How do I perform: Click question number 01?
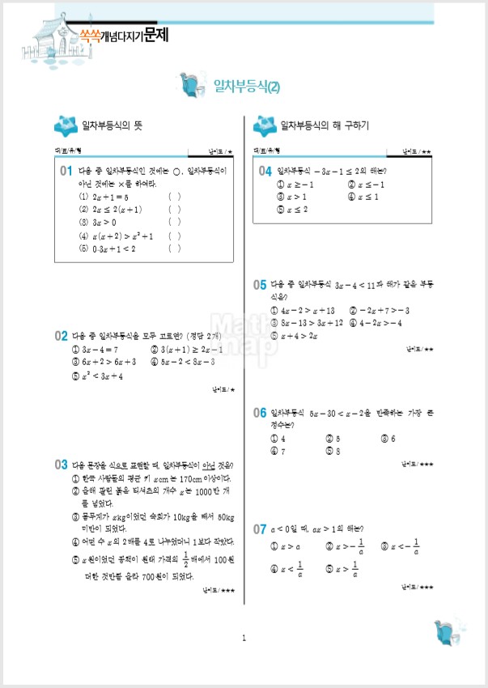66,172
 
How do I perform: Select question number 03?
61,465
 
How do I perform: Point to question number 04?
265,172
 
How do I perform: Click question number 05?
260,285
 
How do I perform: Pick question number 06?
260,413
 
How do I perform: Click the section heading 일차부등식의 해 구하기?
324,126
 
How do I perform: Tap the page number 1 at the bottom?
244,639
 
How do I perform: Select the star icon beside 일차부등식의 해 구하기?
264,125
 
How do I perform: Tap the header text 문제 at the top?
155,36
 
